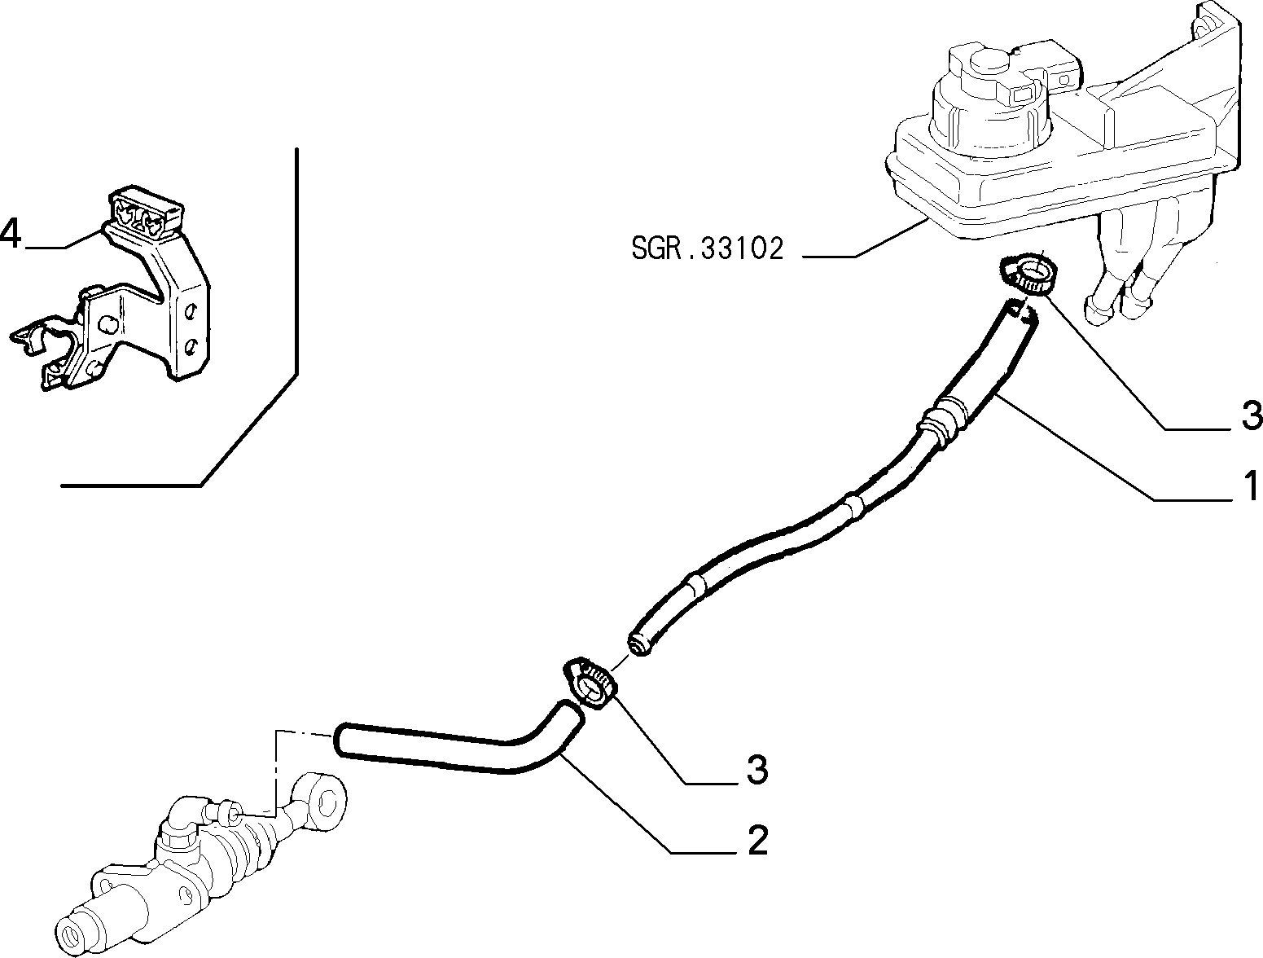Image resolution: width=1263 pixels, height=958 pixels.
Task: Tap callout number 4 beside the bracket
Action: tap(11, 234)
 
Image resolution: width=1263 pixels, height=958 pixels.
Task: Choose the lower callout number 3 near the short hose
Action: tap(757, 769)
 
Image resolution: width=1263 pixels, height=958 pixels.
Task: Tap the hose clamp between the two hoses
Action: tap(590, 683)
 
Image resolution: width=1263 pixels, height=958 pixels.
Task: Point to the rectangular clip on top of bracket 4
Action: tap(146, 212)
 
